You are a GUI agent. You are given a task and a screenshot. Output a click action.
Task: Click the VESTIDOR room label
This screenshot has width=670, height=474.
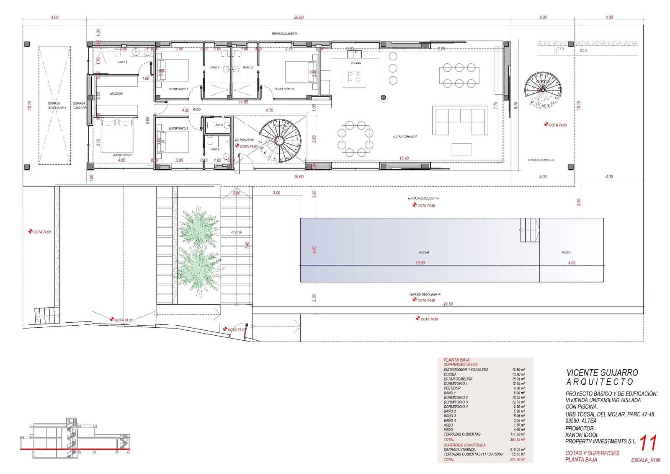click(116, 94)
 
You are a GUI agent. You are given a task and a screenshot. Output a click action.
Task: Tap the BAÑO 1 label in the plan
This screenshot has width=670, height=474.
click(122, 62)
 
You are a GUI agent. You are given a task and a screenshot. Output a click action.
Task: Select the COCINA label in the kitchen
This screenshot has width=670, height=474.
click(356, 63)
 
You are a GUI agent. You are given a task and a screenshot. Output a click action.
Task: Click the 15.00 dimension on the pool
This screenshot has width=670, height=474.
click(420, 263)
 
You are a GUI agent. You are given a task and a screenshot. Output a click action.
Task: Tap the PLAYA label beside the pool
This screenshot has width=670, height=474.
click(566, 253)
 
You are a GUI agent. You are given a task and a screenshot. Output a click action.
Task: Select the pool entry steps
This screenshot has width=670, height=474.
click(530, 230)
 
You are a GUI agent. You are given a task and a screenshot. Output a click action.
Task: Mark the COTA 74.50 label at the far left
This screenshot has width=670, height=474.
click(41, 232)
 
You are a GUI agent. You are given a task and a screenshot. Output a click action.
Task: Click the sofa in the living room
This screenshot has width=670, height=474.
click(460, 121)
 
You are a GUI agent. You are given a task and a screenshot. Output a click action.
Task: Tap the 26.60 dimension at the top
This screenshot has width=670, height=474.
click(299, 17)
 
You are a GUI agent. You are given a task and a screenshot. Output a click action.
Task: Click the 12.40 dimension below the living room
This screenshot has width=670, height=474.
click(404, 158)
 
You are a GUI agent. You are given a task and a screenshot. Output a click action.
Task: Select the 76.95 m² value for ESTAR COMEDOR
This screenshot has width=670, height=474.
click(518, 379)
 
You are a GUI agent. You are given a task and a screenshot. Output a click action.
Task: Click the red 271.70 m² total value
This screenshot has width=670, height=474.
click(518, 459)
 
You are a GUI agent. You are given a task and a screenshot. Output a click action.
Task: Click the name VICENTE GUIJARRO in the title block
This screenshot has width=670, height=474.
click(602, 372)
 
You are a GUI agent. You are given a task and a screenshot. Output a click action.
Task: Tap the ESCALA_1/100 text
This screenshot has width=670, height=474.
click(645, 460)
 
